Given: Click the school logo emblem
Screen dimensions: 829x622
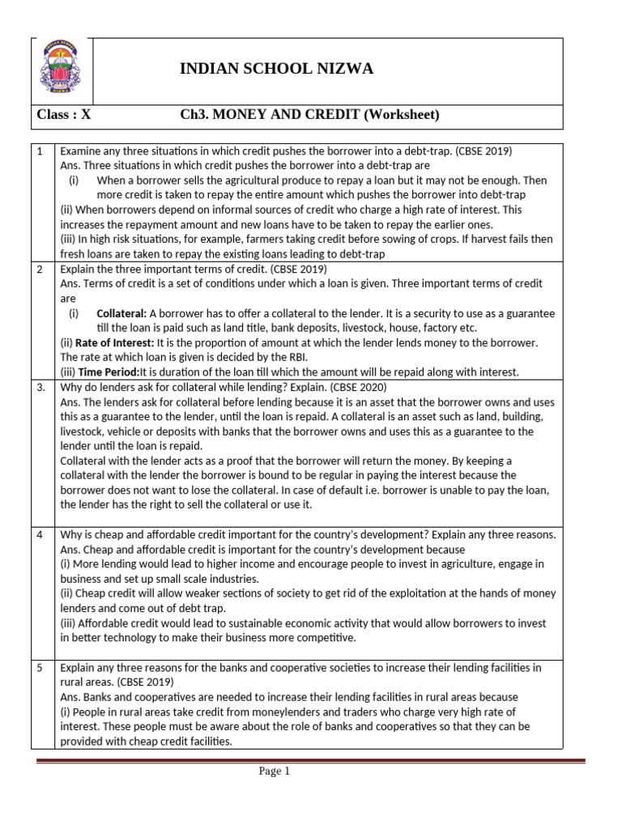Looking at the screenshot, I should (62, 70).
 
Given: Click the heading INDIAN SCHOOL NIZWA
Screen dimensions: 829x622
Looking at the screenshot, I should (276, 69).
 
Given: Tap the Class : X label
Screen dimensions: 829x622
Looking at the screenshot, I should (65, 114).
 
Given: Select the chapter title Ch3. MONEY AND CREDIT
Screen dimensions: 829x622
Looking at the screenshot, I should (270, 114).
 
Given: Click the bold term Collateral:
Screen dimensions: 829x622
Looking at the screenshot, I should (121, 313).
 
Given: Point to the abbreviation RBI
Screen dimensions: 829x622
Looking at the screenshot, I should (292, 357).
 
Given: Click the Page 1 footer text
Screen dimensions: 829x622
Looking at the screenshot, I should (274, 772).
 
